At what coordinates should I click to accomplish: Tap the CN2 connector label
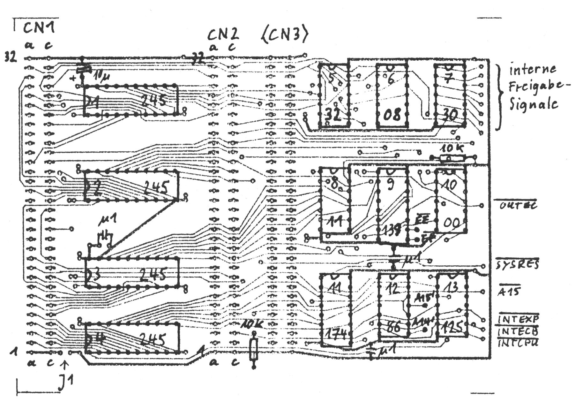click(223, 34)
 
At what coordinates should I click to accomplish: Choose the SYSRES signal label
click(517, 264)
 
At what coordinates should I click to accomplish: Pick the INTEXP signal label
click(519, 319)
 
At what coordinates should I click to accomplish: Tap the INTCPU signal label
click(518, 343)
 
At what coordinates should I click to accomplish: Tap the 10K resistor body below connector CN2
click(254, 349)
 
